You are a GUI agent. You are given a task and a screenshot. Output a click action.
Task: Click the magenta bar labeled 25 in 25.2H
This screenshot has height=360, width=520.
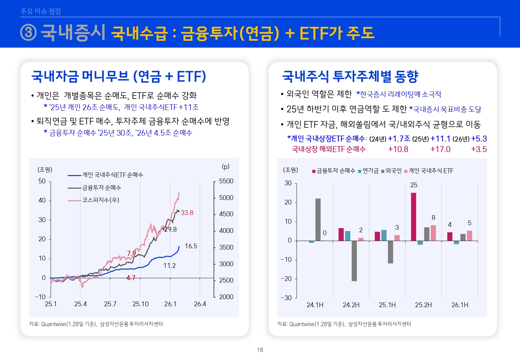[413, 217]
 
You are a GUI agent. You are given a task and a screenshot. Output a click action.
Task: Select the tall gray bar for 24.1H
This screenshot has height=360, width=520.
[318, 220]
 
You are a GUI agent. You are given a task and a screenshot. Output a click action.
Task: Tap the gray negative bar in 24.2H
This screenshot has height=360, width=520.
[354, 261]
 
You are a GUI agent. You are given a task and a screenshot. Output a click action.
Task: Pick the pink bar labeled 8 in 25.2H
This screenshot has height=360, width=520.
[433, 233]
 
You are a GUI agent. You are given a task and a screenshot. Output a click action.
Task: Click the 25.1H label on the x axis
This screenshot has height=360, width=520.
[387, 305]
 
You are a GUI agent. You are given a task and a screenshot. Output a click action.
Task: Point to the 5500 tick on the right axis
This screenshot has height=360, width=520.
[226, 181]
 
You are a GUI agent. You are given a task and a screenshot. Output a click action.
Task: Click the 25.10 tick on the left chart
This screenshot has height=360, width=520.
[140, 304]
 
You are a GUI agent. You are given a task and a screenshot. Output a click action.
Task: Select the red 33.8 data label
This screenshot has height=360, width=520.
[187, 213]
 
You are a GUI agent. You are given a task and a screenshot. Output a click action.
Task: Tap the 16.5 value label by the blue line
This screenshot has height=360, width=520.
[191, 246]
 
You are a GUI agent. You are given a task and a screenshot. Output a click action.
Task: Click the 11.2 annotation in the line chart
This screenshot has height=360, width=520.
[169, 266]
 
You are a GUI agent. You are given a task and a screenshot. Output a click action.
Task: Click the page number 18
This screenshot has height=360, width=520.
[260, 350]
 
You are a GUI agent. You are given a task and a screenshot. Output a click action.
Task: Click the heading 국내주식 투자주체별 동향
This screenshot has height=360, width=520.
[350, 76]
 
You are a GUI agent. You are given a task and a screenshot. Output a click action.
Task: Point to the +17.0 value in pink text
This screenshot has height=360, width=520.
[440, 149]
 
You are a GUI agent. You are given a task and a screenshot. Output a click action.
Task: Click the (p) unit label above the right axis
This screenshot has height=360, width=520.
[226, 166]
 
